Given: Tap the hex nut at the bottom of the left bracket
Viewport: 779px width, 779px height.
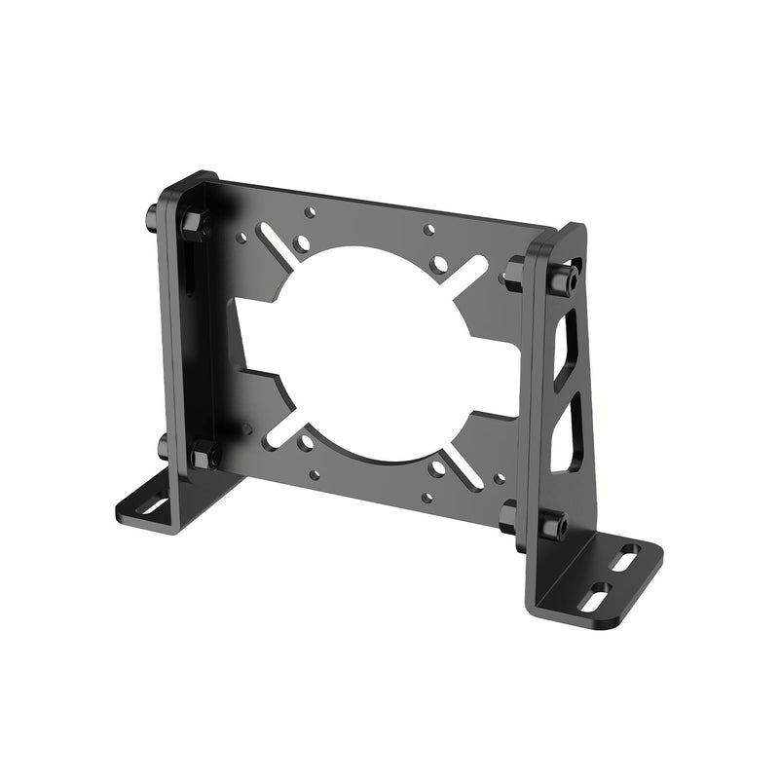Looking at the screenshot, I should click(205, 454).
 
